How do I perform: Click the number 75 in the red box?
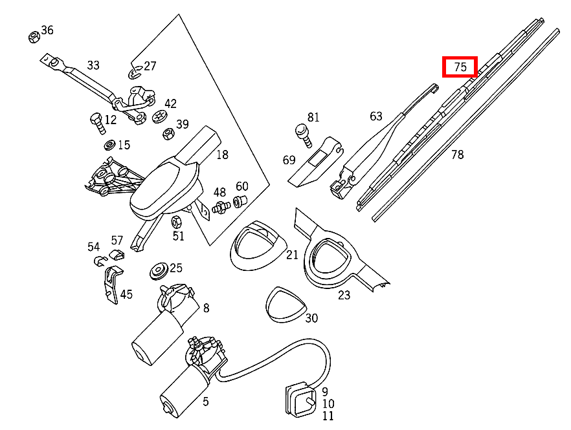coord(460,67)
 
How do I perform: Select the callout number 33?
coord(93,65)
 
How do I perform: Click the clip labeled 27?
coord(135,71)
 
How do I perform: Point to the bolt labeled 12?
coord(95,121)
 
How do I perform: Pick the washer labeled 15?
coord(109,144)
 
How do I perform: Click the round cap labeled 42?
coord(159,116)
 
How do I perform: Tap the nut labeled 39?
coord(166,134)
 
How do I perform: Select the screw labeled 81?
coord(302,132)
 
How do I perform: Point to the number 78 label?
coord(457,155)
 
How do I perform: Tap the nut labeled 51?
coord(175,222)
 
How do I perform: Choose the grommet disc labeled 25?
coord(158,270)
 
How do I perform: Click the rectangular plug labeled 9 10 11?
coord(301,400)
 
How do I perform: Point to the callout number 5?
coord(205,402)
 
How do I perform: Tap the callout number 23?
coord(344,295)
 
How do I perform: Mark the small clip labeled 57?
coord(117,253)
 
